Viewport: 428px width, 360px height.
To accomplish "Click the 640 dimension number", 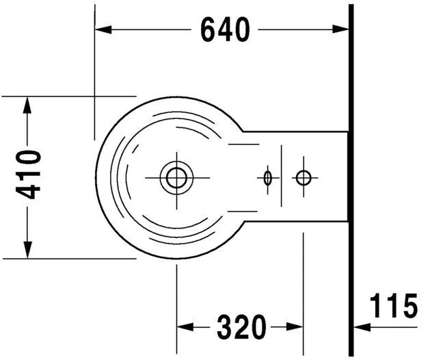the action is coord(225,29).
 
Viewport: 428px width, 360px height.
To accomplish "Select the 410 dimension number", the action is coord(29,175).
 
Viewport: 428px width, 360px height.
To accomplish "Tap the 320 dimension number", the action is coord(241,327).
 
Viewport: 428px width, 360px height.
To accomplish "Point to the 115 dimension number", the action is coord(394,306).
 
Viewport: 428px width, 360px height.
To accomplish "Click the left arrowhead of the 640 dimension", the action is coord(103,29).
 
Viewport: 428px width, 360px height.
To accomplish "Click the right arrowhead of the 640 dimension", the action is coord(340,29).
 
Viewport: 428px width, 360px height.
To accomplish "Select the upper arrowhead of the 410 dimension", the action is coord(27,105).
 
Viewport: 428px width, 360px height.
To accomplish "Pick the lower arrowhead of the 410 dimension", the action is coord(27,250).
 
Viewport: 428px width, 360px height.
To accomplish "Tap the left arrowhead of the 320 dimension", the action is coord(185,326).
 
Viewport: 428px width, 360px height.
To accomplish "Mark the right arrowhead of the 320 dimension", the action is coord(295,326).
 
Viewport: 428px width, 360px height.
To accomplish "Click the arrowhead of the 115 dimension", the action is coord(362,327).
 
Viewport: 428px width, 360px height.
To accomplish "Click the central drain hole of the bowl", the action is coord(176,178).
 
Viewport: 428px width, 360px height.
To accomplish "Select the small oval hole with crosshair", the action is coord(268,178).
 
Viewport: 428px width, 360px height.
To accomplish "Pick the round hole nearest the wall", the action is coord(304,178).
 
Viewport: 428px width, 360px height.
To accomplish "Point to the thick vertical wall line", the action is coord(351,180).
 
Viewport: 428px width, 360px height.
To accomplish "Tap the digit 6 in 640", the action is coord(209,29).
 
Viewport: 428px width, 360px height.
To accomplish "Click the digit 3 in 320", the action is coord(225,327).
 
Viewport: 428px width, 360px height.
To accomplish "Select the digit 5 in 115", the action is coord(410,306).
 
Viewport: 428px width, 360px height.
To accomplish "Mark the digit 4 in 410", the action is coord(29,191).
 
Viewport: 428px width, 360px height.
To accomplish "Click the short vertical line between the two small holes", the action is coord(282,176).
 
